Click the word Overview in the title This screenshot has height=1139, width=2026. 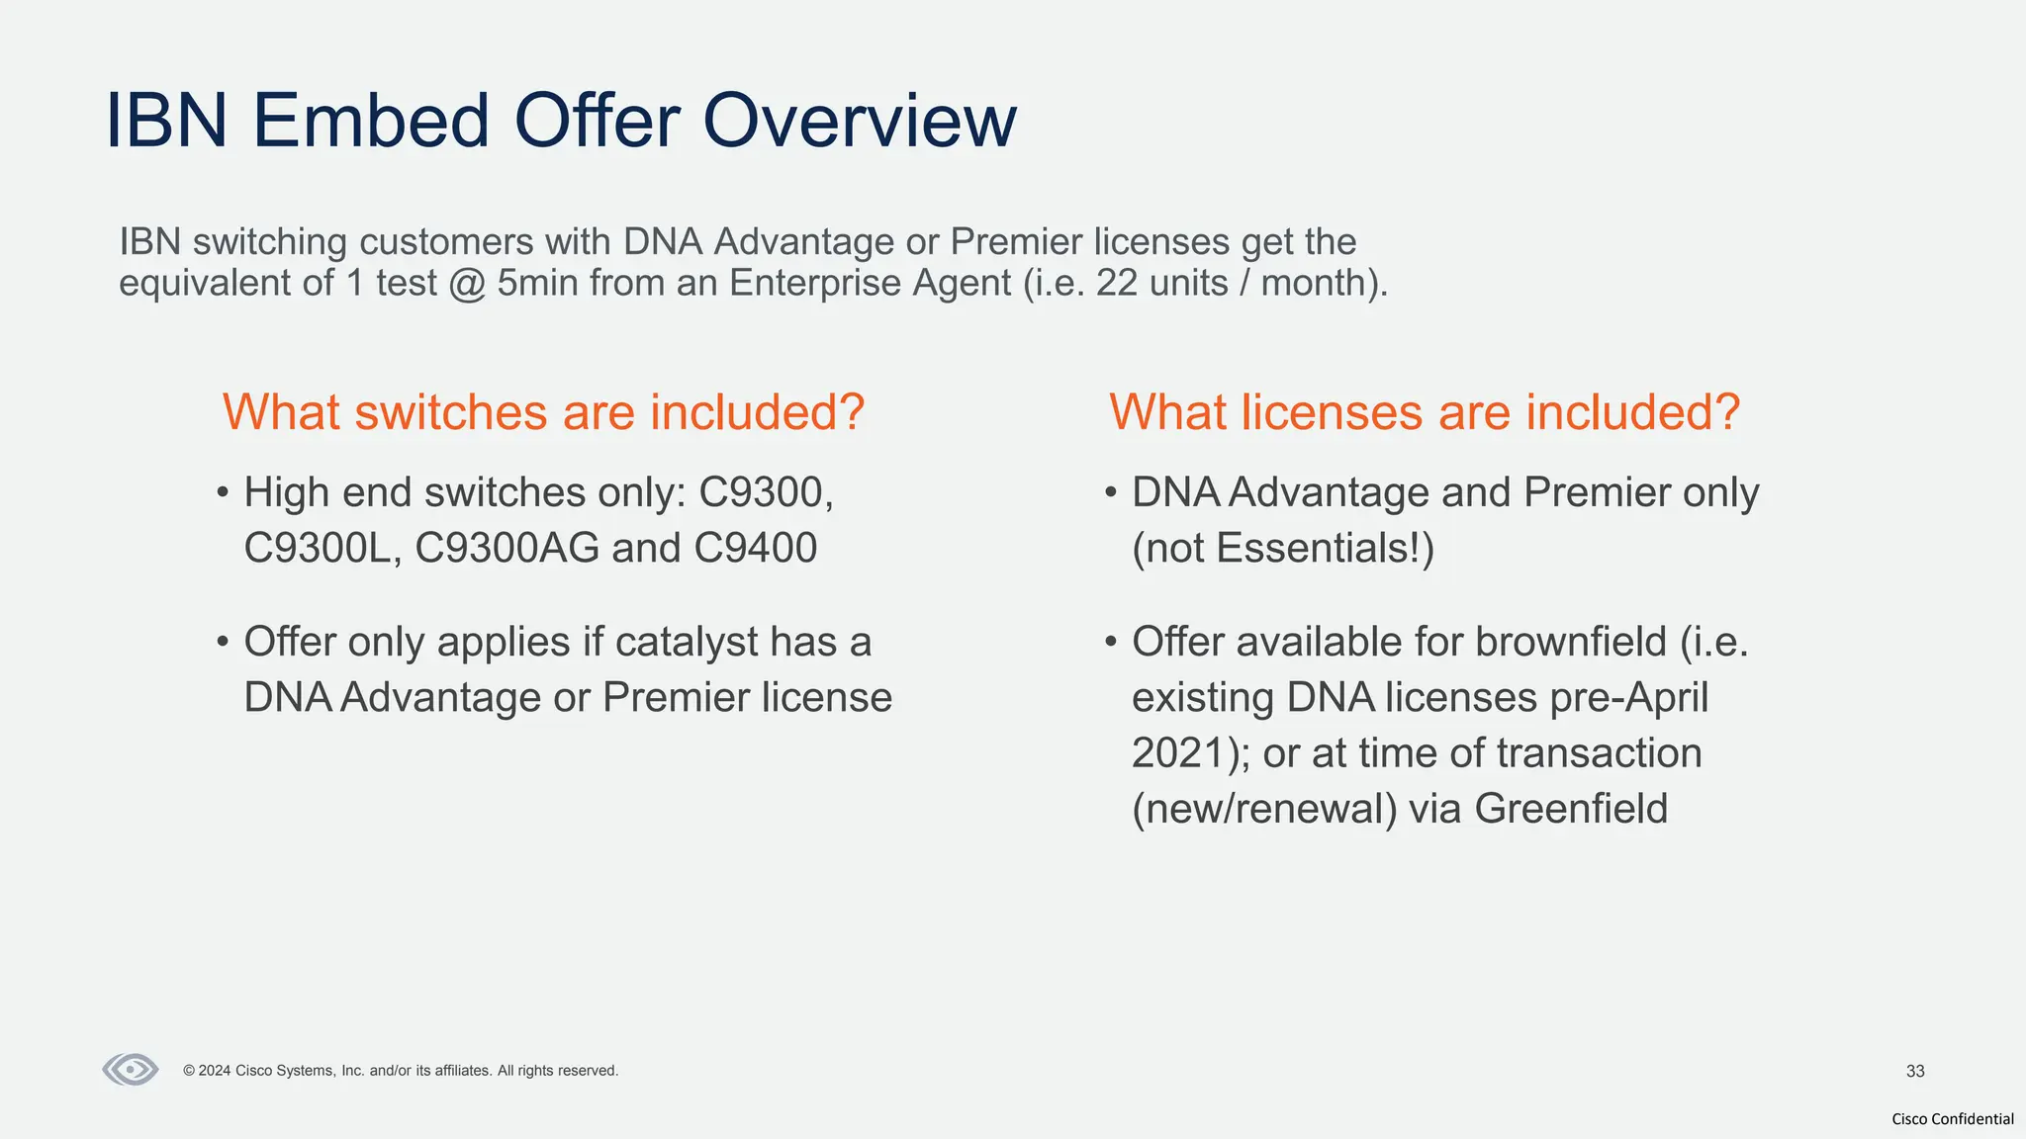[x=859, y=121]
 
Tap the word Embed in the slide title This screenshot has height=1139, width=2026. [x=371, y=121]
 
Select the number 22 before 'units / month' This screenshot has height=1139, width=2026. [x=1117, y=283]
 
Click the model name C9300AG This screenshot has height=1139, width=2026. [x=506, y=548]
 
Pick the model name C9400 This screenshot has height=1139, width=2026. [x=755, y=548]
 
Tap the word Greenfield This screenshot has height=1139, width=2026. [x=1571, y=808]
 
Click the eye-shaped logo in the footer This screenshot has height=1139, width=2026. [x=131, y=1070]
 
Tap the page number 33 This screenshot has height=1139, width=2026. [x=1915, y=1071]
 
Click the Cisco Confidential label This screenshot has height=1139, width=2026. [x=1952, y=1118]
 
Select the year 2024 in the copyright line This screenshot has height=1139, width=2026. [x=215, y=1071]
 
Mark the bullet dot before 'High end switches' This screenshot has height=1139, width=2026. [x=223, y=492]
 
